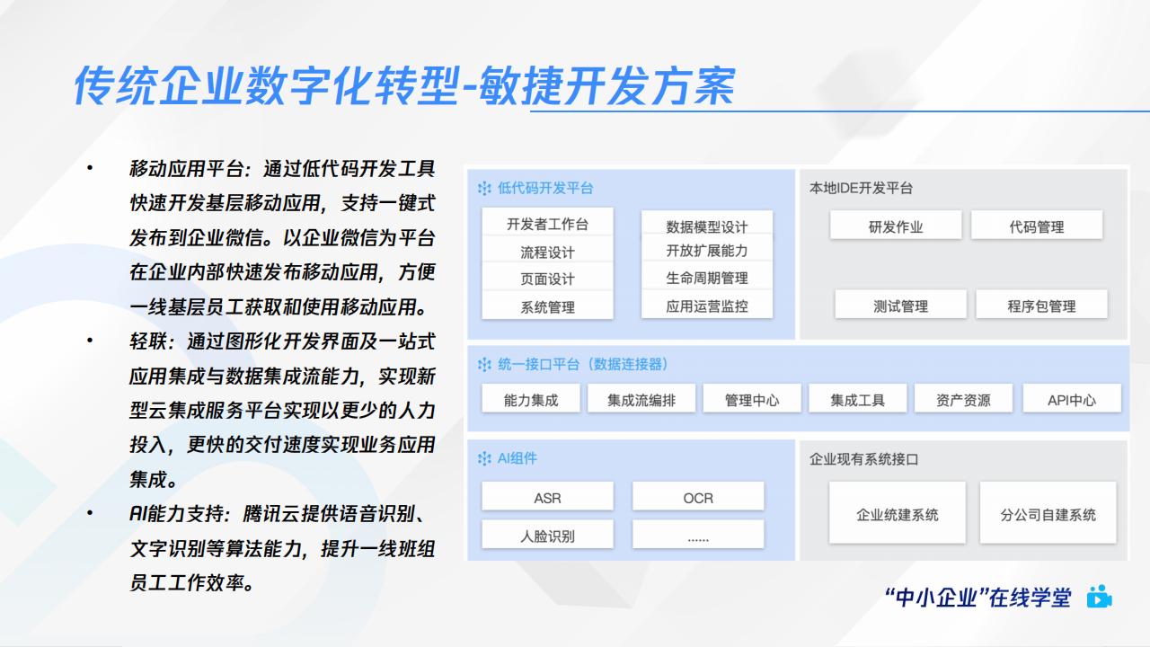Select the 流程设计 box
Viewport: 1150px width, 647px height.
(547, 251)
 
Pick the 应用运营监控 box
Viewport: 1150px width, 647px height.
(707, 306)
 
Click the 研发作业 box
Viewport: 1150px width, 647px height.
(896, 225)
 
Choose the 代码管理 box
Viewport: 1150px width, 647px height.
(1037, 225)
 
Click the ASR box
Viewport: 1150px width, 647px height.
(547, 497)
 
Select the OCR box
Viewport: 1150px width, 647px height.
(698, 497)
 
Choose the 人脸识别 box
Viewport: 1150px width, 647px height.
(547, 535)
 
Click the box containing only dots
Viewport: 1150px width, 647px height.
(698, 535)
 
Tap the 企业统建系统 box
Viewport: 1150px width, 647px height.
(898, 513)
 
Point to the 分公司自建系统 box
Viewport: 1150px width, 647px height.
(1048, 513)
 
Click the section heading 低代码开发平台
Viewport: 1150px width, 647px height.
(545, 188)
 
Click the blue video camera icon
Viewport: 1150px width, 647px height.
(1099, 597)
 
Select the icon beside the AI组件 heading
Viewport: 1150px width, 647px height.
(484, 458)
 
